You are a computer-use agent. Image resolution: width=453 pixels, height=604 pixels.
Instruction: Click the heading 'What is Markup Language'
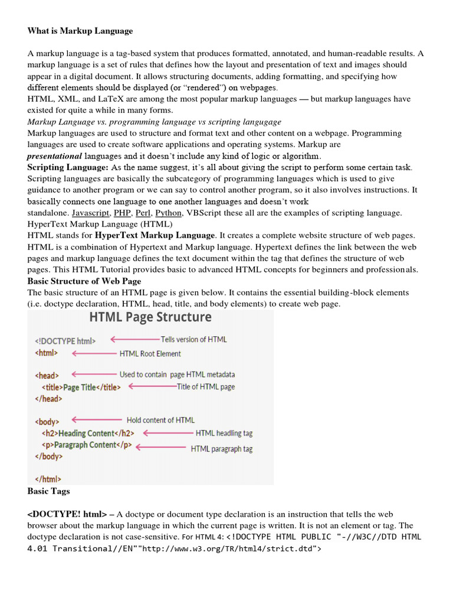tap(80, 31)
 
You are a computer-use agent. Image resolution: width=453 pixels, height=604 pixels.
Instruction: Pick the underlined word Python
tap(169, 213)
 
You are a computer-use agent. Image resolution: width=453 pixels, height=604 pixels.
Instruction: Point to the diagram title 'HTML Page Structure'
tap(150, 317)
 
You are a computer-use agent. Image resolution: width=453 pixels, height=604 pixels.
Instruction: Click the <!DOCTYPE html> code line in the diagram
tap(65, 340)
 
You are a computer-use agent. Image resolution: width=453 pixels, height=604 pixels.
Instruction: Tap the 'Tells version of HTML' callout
tap(193, 339)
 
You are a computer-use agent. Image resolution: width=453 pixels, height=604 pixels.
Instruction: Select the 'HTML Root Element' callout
tap(150, 354)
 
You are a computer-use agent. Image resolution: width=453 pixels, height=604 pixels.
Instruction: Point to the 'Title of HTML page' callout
tap(205, 387)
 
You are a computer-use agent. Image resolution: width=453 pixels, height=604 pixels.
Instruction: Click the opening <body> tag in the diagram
tap(48, 422)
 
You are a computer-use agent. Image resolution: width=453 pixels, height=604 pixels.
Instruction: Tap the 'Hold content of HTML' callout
tap(160, 420)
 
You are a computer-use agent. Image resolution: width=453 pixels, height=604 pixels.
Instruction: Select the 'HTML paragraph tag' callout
tap(221, 449)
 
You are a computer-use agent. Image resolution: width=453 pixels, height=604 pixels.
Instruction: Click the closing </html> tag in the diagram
tap(48, 479)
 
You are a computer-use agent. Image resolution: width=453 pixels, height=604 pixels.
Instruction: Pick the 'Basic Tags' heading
tap(49, 491)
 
